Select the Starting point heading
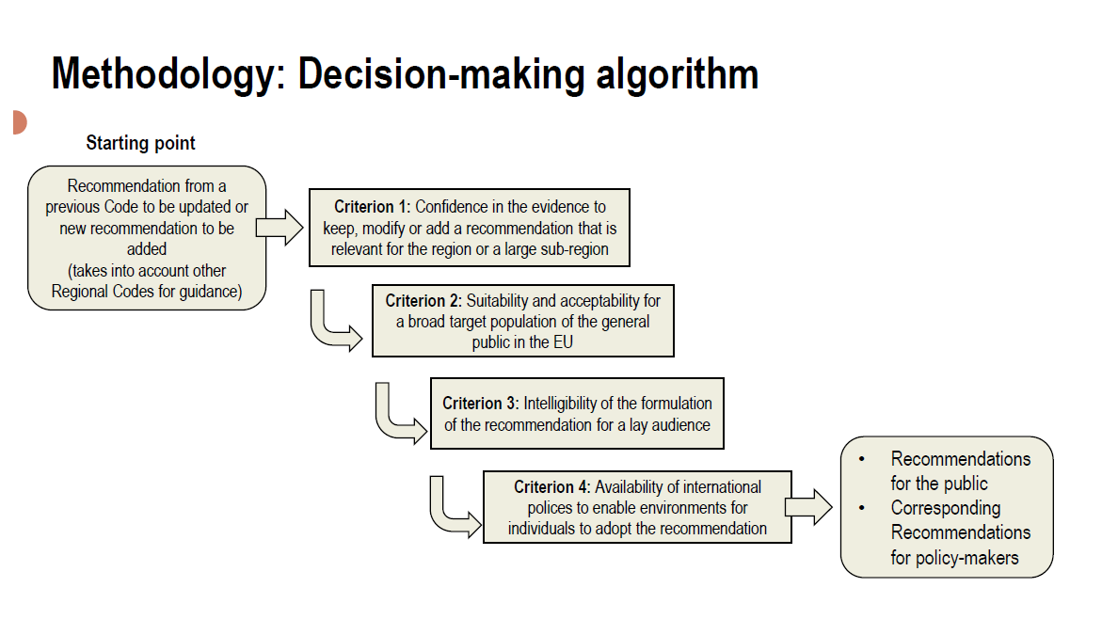[141, 143]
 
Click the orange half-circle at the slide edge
[19, 122]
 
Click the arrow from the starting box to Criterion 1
[279, 228]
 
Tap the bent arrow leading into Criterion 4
[452, 509]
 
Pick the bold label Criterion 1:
[373, 207]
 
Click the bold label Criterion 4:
[551, 487]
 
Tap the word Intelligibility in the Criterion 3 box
[564, 403]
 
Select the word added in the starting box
[147, 249]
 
